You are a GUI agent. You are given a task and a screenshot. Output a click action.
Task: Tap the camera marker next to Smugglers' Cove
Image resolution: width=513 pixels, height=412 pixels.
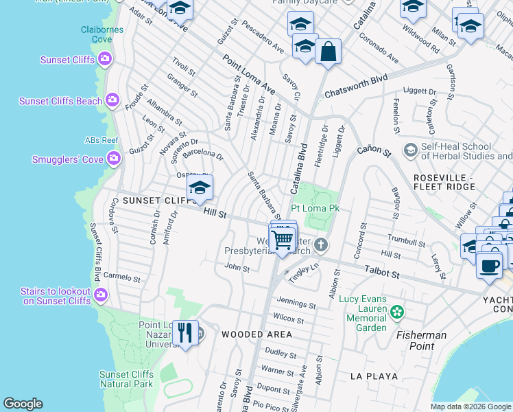pyautogui.click(x=113, y=159)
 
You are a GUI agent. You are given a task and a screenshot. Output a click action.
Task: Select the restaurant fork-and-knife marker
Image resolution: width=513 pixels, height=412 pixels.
pyautogui.click(x=185, y=333)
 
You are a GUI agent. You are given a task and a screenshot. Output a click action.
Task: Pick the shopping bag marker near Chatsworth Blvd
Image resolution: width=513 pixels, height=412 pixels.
pyautogui.click(x=329, y=51)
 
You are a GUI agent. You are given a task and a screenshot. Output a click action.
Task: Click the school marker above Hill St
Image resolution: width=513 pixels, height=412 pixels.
pyautogui.click(x=200, y=187)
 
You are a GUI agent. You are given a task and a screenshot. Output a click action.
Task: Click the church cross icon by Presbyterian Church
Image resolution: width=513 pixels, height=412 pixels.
pyautogui.click(x=321, y=244)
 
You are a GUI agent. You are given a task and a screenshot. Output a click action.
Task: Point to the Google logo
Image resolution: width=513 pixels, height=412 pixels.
pyautogui.click(x=23, y=404)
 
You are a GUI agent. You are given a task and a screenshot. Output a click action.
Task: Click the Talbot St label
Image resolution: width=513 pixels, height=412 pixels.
pyautogui.click(x=382, y=273)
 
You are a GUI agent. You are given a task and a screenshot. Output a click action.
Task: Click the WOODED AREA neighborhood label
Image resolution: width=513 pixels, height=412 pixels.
pyautogui.click(x=256, y=334)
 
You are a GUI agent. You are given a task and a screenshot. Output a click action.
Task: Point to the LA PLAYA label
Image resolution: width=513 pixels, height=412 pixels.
pyautogui.click(x=374, y=376)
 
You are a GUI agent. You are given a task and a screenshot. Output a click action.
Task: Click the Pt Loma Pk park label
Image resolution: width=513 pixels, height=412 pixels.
pyautogui.click(x=315, y=208)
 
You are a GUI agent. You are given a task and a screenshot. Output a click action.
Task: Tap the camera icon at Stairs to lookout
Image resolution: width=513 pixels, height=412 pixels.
pyautogui.click(x=101, y=295)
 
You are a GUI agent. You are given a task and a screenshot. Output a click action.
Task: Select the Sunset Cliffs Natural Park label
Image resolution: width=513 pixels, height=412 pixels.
pyautogui.click(x=126, y=379)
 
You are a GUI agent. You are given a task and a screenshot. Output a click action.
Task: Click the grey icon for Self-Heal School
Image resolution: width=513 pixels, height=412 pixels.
pyautogui.click(x=411, y=150)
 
